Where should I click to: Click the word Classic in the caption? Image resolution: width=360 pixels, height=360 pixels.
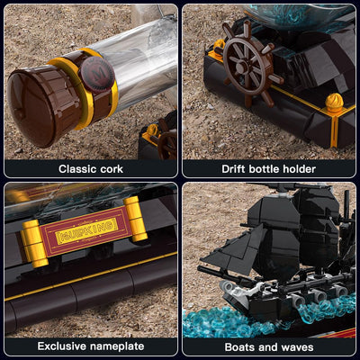[77, 169]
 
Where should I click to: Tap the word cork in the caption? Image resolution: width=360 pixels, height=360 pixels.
[112, 169]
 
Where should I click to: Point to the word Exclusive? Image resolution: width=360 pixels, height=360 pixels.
[62, 346]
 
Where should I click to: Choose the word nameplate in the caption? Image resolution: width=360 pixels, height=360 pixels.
[117, 346]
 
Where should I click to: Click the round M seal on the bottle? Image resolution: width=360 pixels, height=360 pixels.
[96, 74]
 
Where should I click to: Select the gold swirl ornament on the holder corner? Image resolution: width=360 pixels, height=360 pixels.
[334, 103]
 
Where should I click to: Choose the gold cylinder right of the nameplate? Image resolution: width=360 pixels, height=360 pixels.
[136, 219]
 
